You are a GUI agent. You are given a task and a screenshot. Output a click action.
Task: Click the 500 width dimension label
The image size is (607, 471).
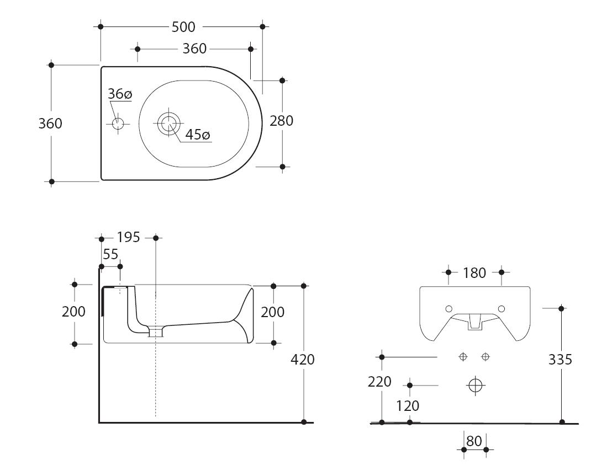(183, 27)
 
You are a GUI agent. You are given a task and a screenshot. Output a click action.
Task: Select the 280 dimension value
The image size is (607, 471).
(282, 121)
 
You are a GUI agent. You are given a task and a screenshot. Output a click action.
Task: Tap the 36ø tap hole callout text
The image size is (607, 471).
(120, 94)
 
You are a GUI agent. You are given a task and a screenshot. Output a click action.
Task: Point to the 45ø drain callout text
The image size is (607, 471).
(197, 135)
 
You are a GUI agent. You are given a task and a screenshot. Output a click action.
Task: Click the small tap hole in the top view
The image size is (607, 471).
(118, 124)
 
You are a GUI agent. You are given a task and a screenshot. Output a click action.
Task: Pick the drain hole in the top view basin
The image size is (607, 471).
(169, 124)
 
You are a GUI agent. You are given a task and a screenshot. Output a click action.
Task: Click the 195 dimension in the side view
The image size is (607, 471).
(128, 237)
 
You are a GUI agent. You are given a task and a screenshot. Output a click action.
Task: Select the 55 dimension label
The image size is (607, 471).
(110, 254)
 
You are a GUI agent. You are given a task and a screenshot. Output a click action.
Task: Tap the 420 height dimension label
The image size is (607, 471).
(302, 360)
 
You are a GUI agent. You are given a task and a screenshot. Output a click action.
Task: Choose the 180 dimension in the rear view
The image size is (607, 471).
(474, 273)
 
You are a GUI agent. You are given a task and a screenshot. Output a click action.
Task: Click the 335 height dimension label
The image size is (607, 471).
(560, 360)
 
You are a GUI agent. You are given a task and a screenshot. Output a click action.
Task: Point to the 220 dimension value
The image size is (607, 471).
(379, 382)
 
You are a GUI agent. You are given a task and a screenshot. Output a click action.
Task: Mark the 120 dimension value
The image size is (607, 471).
(408, 406)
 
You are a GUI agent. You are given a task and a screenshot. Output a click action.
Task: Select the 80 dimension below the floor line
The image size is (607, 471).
(474, 441)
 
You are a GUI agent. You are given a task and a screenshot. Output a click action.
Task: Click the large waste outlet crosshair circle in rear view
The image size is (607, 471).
(476, 385)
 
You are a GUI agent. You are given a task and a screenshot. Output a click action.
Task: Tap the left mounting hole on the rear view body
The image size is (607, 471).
(449, 309)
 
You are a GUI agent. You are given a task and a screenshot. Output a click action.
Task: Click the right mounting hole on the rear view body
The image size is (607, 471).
(502, 309)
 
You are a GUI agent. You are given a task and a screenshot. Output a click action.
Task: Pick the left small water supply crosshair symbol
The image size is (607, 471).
(463, 357)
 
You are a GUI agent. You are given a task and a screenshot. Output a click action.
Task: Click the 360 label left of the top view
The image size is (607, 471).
(50, 124)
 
